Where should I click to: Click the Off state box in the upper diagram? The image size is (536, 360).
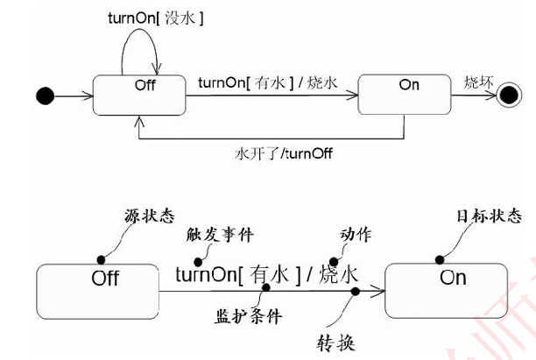point(138,93)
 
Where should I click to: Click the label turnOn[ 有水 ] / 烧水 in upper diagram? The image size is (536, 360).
point(268,84)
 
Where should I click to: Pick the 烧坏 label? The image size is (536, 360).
point(478,82)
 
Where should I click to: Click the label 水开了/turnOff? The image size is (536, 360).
point(283,152)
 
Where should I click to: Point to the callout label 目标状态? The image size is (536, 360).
point(489,215)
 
